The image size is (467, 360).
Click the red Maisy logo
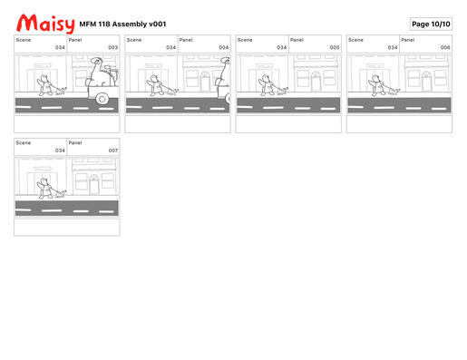[45, 24]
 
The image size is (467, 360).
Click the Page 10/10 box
[431, 24]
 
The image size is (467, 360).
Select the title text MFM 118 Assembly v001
[122, 24]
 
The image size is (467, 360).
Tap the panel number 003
[112, 47]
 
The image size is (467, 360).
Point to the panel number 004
[224, 47]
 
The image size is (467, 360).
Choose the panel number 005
[335, 47]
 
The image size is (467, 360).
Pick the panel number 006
[445, 47]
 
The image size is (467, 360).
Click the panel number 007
[113, 151]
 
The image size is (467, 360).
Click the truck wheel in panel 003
[102, 99]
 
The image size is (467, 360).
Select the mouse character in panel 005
[267, 85]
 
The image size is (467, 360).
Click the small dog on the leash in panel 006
[394, 92]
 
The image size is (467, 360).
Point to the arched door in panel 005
[316, 81]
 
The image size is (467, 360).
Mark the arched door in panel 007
[94, 184]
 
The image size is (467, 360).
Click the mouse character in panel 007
[44, 189]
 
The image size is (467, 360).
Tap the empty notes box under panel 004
[178, 124]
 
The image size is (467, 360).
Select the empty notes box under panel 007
[67, 227]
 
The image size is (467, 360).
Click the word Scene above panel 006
[355, 40]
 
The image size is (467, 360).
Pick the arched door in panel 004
[205, 81]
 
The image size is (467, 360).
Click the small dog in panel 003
[61, 92]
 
